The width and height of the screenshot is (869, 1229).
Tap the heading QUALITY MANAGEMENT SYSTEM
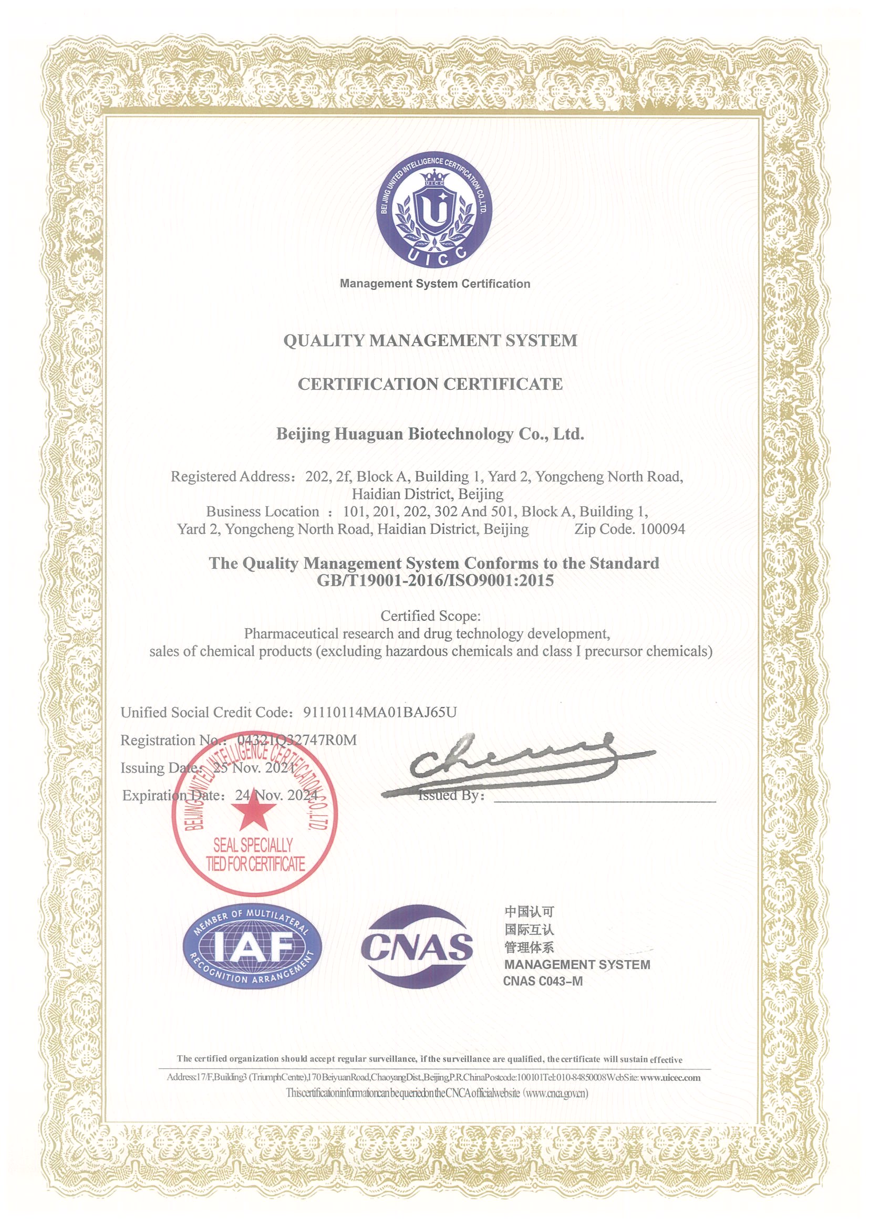[430, 340]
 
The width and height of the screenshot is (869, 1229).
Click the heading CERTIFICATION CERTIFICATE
[430, 384]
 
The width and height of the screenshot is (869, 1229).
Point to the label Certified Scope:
[430, 616]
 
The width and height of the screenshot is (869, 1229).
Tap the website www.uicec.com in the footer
[670, 1077]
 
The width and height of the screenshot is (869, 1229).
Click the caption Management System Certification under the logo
[435, 284]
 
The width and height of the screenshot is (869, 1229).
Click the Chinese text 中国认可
[529, 912]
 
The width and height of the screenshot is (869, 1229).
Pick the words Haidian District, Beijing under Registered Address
[427, 494]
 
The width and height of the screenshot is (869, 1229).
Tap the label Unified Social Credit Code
[205, 713]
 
